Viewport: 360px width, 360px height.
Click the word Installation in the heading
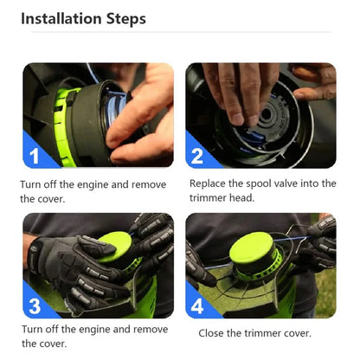[x=61, y=18]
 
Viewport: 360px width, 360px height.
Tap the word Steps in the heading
[x=126, y=19]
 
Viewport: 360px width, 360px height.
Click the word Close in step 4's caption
[x=211, y=333]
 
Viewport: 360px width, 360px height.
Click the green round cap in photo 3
[x=115, y=247]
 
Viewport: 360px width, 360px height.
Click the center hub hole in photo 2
[x=266, y=114]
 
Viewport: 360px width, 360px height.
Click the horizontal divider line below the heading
[x=181, y=32]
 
